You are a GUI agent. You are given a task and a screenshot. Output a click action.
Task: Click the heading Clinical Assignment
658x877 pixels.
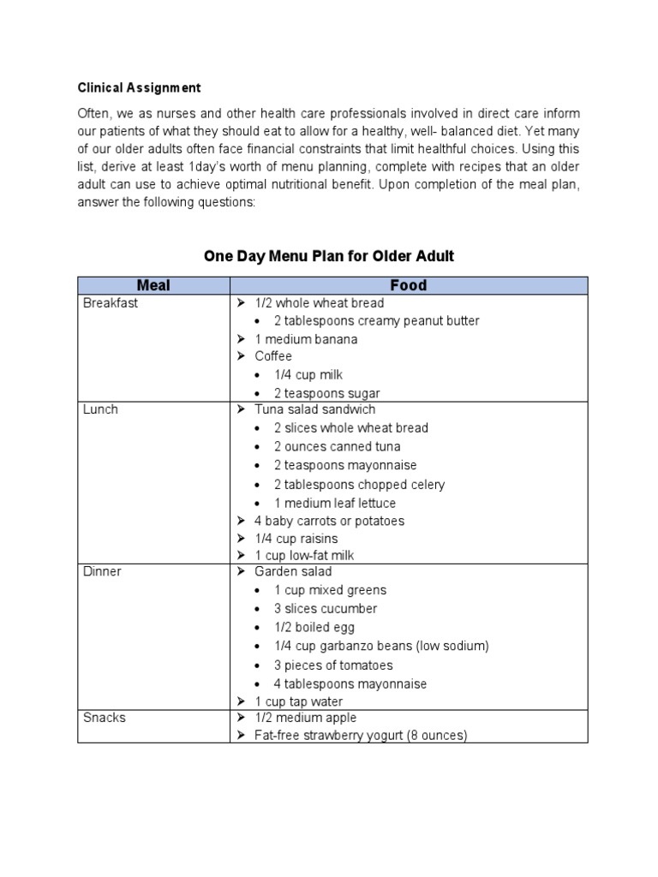pos(140,87)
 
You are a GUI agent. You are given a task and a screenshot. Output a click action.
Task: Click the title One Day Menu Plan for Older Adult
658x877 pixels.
pos(328,255)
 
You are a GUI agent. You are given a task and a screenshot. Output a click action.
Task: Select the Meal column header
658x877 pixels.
pos(153,285)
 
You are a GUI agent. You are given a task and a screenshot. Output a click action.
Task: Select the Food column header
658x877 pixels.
pos(408,285)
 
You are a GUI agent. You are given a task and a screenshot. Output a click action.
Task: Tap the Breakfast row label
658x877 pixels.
pos(111,303)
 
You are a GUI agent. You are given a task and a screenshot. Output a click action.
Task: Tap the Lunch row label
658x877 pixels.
pos(100,409)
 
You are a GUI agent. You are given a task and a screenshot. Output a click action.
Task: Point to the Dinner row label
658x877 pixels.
pos(102,571)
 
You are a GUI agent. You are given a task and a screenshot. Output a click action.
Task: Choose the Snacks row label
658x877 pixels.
pos(105,718)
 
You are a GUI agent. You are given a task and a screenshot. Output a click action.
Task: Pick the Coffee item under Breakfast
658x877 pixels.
pos(273,356)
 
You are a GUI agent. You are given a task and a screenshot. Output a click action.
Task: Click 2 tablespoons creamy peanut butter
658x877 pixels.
pos(376,321)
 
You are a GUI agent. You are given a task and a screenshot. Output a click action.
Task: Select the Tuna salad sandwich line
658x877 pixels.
pos(314,409)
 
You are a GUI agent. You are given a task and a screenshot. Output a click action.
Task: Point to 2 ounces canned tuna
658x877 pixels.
pos(337,446)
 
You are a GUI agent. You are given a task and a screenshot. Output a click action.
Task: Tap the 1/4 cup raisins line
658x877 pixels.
pos(296,539)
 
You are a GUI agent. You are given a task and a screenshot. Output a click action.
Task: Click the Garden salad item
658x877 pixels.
pos(293,571)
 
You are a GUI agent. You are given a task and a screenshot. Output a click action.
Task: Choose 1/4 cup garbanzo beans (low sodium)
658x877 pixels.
pos(381,647)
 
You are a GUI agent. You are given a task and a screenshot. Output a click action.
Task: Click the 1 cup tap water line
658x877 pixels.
pos(298,702)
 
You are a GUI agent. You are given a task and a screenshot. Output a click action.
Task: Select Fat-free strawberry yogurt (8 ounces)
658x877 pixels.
pos(361,736)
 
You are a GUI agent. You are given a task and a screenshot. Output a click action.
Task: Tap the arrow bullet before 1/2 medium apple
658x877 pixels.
pos(241,718)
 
